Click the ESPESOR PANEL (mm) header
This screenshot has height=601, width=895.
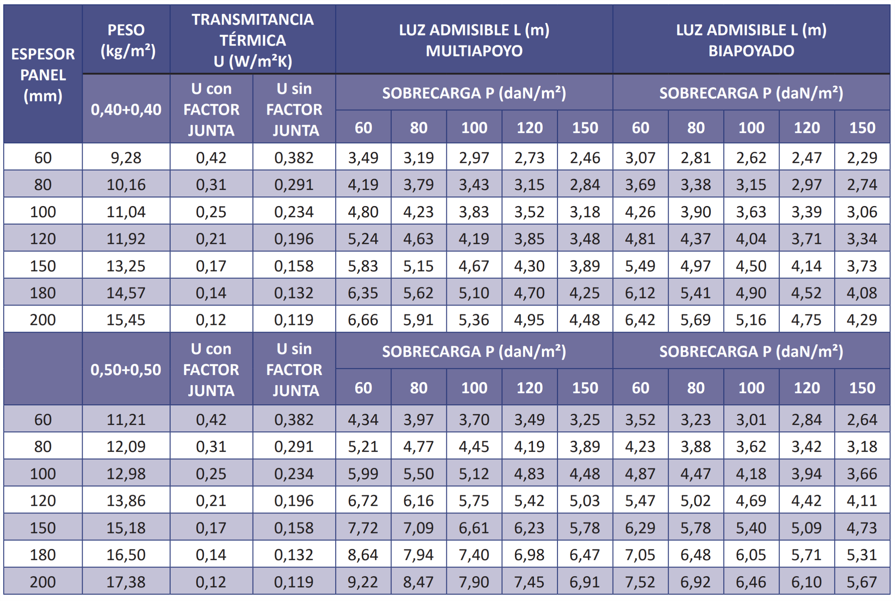(43, 75)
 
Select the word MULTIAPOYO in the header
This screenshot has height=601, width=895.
(474, 51)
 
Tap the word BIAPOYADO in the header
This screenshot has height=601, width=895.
(751, 51)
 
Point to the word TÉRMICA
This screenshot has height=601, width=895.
(253, 40)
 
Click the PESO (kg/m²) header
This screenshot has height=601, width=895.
(126, 40)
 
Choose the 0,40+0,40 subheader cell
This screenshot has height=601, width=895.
(126, 109)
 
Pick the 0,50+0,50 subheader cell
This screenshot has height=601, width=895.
(126, 370)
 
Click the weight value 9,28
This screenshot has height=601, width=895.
(126, 157)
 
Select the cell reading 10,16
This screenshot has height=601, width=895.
(126, 185)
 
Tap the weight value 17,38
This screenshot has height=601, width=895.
(126, 582)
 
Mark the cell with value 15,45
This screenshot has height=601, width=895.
(126, 320)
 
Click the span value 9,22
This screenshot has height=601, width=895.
(363, 582)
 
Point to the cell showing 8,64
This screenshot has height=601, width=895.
(363, 554)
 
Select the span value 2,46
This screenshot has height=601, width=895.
(585, 157)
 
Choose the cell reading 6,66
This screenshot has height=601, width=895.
(363, 320)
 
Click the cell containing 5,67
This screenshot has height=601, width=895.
(862, 582)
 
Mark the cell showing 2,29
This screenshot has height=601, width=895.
(862, 157)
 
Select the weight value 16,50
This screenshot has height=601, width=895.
(126, 554)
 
